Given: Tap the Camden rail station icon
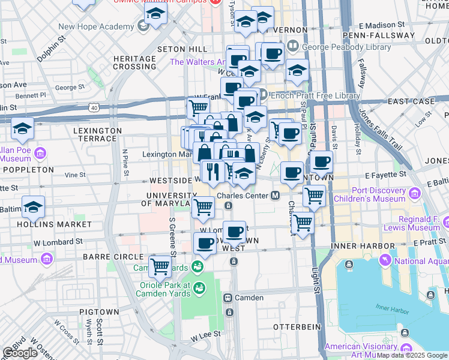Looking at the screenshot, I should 228,298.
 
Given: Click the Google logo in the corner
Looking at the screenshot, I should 20,353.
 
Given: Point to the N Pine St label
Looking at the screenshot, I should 125,163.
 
